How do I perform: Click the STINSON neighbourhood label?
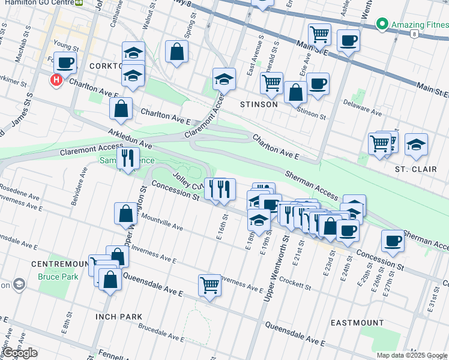[x=259, y=104]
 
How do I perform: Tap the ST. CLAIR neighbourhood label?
[x=411, y=169]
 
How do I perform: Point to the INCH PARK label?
[x=119, y=316]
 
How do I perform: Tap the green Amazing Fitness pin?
[x=381, y=25]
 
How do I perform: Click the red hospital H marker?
[x=56, y=79]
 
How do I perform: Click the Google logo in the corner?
[x=19, y=353]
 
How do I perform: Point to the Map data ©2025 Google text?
[x=412, y=355]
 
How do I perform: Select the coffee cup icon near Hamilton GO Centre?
[x=65, y=62]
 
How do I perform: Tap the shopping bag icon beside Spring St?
[x=177, y=52]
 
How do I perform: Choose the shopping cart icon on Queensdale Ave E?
[x=209, y=284]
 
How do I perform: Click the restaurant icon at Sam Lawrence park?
[x=127, y=158]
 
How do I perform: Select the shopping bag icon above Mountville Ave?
[x=126, y=213]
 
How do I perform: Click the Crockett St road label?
[x=294, y=281]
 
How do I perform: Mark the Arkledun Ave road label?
[x=130, y=139]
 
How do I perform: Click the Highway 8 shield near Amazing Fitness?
[x=414, y=34]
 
